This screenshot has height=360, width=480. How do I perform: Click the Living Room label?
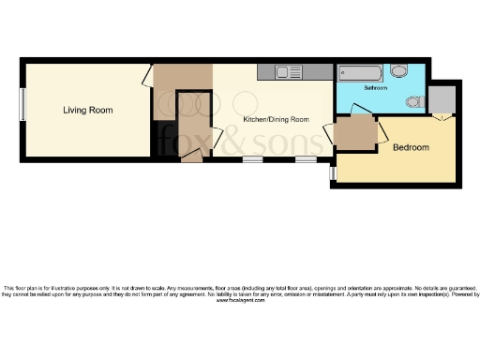click(88, 111)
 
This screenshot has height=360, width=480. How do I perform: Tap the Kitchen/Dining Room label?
click(276, 119)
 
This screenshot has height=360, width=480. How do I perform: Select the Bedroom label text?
click(411, 148)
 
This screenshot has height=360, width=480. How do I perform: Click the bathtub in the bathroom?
click(362, 72)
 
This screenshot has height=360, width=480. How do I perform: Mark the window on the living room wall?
click(22, 104)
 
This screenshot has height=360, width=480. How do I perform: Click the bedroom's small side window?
click(332, 172)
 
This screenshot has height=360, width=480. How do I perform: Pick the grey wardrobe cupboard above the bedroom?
click(442, 99)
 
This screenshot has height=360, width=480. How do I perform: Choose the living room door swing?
click(147, 77)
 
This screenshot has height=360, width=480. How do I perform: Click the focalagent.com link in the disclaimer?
click(240, 301)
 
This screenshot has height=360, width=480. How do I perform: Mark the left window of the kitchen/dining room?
click(252, 159)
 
